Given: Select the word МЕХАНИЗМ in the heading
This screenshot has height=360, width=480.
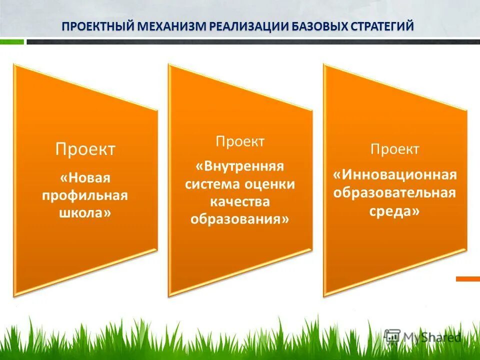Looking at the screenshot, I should coord(173,26).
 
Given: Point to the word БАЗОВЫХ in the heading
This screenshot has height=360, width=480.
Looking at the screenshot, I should coord(312,26).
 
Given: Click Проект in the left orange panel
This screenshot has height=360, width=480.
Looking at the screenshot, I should coord(85,149).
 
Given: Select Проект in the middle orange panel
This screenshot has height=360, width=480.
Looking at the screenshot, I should coord(240,141).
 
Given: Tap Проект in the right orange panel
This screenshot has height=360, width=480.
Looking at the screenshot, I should coord(395,149).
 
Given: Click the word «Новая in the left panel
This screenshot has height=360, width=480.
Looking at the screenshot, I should coord(85,178).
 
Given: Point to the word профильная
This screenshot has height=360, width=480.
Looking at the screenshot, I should coord(85,195).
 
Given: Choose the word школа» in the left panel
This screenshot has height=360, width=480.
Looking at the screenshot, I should coord(85,212).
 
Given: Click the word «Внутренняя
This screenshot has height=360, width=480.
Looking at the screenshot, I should coord(240,166).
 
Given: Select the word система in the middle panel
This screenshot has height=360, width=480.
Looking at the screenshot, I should coord(213,184).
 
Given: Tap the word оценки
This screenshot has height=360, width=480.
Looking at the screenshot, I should coord(270,184).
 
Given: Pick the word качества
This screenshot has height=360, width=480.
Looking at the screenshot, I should coord(240,201).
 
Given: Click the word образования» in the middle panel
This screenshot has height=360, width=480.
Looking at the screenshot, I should coord(240,219).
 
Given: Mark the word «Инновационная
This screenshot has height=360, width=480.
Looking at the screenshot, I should coord(395,175).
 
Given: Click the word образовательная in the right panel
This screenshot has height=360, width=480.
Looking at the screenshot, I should coord(395,193).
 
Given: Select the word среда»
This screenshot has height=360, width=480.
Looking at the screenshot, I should coord(395,211).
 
